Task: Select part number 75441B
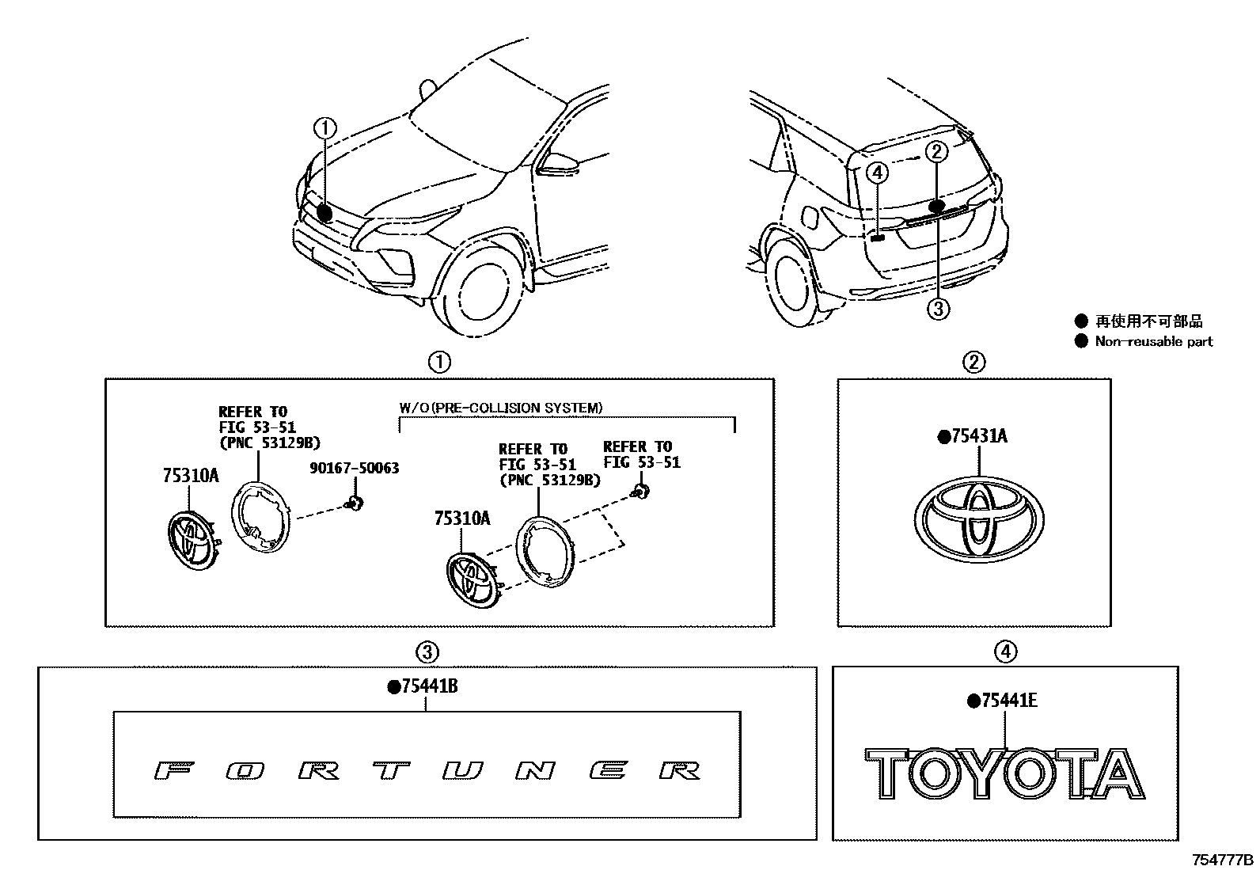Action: coord(428,687)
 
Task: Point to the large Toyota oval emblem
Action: coord(979,519)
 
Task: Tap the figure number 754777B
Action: coord(1223,860)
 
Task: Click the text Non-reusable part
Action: coord(1153,342)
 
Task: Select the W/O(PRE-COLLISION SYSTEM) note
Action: coord(500,408)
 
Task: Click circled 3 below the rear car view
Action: coord(937,308)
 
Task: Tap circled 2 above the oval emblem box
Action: coord(973,362)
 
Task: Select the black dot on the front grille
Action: coord(324,211)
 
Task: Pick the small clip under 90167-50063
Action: coord(355,500)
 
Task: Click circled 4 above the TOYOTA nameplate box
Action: coord(1004,652)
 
